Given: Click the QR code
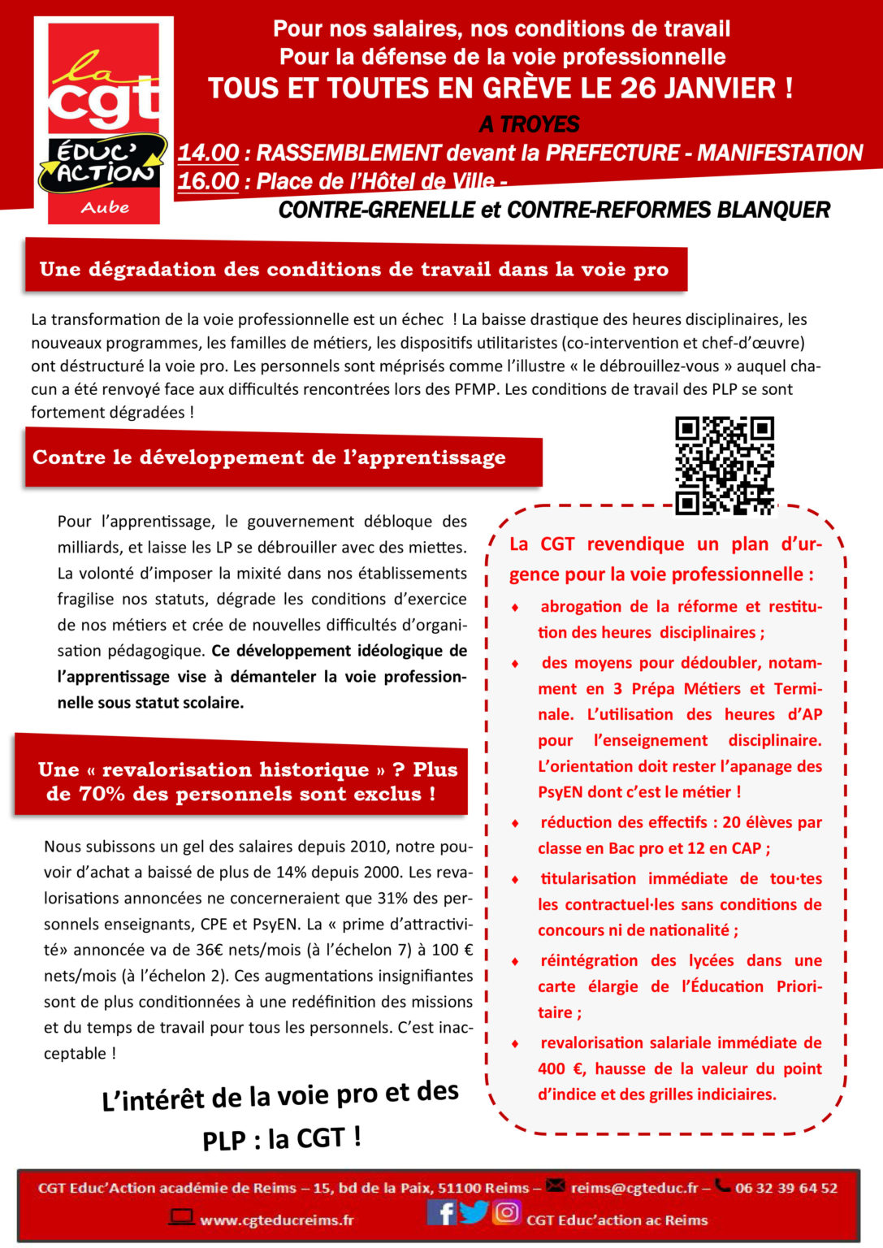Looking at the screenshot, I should point(725,466).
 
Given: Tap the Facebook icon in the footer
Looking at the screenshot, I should point(441,1212).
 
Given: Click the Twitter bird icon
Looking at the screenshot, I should point(474,1212).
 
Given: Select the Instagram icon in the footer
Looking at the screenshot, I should point(507,1212).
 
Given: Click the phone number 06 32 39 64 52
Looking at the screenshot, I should point(786,1188).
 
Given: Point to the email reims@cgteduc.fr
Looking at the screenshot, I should point(634,1188).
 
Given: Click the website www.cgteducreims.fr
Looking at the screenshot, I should point(277,1220).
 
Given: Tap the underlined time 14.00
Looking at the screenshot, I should point(208,153).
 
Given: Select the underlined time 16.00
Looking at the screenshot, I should point(208,181).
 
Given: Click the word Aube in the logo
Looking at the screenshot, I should point(105,207).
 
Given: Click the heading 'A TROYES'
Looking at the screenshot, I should point(530,124).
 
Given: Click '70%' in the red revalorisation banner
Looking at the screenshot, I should point(102,794).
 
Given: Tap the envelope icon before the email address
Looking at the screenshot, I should point(556,1186).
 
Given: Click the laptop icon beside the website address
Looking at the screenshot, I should point(181,1217).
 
